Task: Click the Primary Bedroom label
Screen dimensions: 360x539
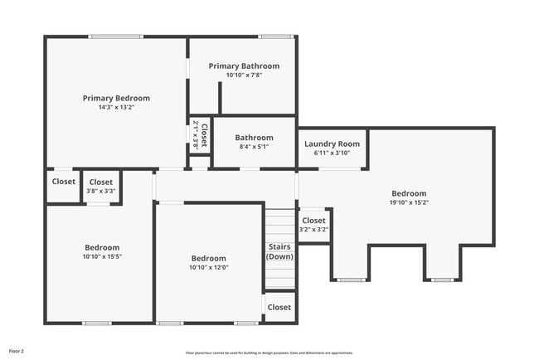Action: coord(115,98)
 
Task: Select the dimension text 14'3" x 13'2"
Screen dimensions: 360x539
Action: coord(115,107)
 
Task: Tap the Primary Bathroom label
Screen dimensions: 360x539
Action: coord(244,66)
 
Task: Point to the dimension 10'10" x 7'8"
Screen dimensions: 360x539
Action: coord(244,75)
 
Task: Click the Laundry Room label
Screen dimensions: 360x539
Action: coord(332,144)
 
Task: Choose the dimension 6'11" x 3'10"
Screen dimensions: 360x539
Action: coord(332,153)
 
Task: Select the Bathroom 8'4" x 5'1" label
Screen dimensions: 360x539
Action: coord(254,142)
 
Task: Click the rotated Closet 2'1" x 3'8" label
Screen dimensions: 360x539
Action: coord(200,134)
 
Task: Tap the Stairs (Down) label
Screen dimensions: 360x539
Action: coord(279,251)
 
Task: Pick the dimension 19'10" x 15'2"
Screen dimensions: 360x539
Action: coord(409,202)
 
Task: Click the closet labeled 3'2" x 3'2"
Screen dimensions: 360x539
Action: coord(313,225)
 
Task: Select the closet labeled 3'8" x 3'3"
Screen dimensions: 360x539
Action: coord(101,187)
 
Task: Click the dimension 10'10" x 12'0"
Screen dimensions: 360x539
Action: coord(208,268)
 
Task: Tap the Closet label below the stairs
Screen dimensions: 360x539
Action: coord(279,307)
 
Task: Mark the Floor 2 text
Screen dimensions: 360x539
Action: coord(17,351)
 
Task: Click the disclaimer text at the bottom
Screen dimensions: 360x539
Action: coord(269,352)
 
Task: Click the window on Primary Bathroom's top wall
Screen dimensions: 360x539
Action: coord(275,36)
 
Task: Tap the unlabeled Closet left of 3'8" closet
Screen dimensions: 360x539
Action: coord(64,182)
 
